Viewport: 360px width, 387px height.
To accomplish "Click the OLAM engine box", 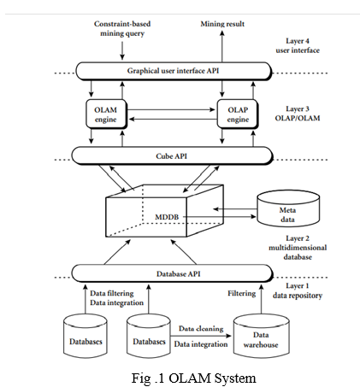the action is tap(106, 114).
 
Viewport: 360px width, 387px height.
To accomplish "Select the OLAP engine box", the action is tap(238, 114).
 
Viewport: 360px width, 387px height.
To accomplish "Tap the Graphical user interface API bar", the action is tap(174, 71).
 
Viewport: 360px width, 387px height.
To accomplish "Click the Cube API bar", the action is tap(172, 155).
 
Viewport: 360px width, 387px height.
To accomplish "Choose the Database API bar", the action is tap(172, 273).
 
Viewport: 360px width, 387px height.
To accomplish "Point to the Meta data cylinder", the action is tap(288, 209).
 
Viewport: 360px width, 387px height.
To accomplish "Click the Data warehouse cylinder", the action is tap(261, 336).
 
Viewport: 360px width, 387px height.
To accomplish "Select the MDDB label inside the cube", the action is tap(167, 217).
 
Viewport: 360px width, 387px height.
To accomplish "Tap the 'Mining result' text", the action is tap(222, 24).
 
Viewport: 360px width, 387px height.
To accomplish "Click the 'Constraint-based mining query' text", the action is tap(122, 28).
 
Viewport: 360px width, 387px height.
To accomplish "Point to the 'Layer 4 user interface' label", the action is tap(298, 45).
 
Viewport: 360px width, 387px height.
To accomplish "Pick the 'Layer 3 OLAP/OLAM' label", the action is tap(298, 114).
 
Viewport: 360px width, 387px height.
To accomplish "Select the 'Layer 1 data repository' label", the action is tap(298, 290).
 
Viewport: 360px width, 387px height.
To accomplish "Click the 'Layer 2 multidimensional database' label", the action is tap(298, 248).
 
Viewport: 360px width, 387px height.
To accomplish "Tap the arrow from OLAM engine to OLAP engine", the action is tap(171, 109).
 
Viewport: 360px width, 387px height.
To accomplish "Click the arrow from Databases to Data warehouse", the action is tap(201, 336).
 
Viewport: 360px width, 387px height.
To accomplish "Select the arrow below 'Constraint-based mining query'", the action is tap(122, 51).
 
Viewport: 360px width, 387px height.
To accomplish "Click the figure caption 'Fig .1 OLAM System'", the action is tap(193, 378).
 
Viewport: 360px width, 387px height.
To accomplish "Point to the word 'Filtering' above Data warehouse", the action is tap(241, 293).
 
